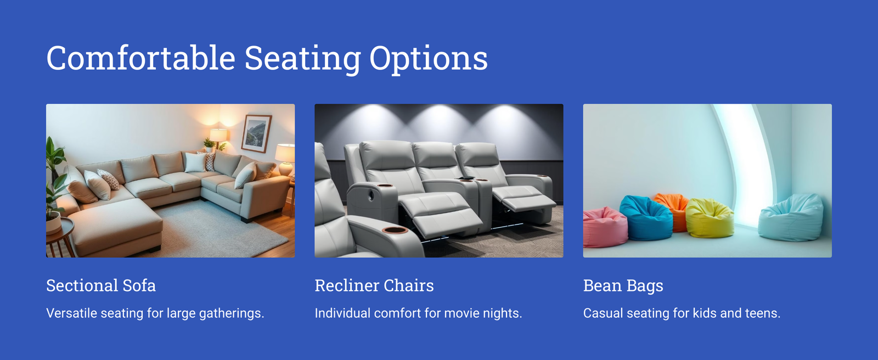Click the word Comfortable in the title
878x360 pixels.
[140, 58]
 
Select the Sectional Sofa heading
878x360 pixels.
[101, 285]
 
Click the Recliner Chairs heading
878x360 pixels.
[374, 285]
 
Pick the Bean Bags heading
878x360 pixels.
[623, 286]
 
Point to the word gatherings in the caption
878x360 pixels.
[232, 313]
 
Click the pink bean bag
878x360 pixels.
[604, 227]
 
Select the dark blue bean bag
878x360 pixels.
[647, 218]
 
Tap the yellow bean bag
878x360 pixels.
[710, 218]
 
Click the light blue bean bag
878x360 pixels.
[791, 218]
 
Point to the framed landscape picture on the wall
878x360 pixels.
[256, 133]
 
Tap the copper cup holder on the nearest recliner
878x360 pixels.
[395, 230]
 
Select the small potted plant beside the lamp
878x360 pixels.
[209, 145]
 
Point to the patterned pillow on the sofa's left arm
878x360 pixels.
[109, 179]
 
